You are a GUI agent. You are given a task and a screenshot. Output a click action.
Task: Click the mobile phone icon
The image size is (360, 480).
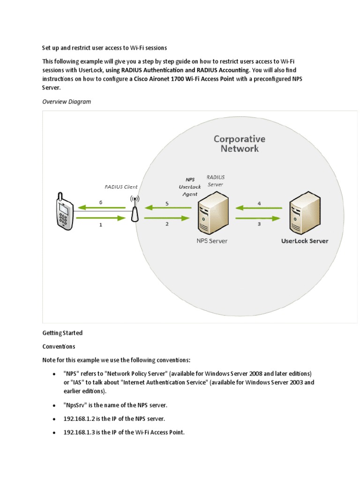[x=64, y=210]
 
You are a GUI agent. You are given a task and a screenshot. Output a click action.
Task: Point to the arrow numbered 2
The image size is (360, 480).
[x=167, y=218]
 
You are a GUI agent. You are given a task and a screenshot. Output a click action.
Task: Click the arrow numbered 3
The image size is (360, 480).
[x=259, y=218]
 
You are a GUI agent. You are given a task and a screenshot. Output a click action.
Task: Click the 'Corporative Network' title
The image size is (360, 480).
[x=240, y=143]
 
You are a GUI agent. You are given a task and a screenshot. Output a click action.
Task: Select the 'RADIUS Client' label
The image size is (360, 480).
[x=121, y=187]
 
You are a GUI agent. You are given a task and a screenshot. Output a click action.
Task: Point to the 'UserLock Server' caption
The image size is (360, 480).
[x=305, y=241]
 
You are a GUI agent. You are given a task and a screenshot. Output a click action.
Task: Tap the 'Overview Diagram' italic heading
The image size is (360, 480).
[x=67, y=101]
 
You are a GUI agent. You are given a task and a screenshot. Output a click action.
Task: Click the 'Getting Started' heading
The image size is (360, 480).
[x=62, y=333]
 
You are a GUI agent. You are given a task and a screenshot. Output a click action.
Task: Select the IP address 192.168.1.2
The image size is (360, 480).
[x=80, y=418]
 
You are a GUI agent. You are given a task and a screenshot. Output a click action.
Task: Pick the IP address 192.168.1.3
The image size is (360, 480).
[x=80, y=432]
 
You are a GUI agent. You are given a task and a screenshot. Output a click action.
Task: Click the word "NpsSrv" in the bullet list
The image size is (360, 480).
[x=75, y=405]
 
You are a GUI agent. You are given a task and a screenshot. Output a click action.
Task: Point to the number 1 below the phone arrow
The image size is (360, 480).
[x=100, y=225]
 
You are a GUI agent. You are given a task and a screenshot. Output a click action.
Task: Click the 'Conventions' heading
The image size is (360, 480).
[x=59, y=346]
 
